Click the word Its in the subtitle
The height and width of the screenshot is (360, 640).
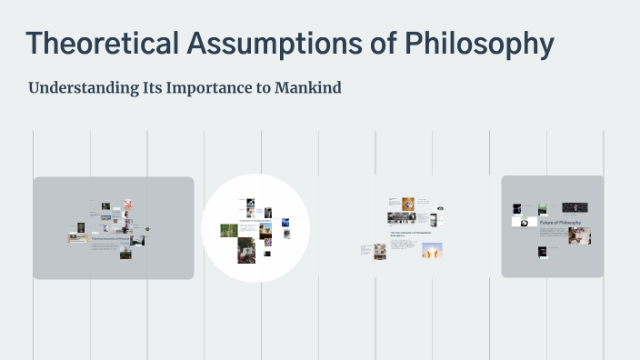pyautogui.click(x=153, y=89)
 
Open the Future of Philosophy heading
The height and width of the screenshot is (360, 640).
pyautogui.click(x=560, y=223)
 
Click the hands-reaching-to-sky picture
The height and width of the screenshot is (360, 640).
pyautogui.click(x=432, y=250)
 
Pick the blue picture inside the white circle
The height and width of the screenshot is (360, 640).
pyautogui.click(x=285, y=221)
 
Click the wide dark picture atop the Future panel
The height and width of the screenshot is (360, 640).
pyautogui.click(x=575, y=208)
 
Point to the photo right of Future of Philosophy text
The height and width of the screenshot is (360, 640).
pyautogui.click(x=580, y=235)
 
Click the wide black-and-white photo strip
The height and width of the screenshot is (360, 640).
pyautogui.click(x=403, y=218)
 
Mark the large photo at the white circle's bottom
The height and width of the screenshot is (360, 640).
pyautogui.click(x=246, y=250)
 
